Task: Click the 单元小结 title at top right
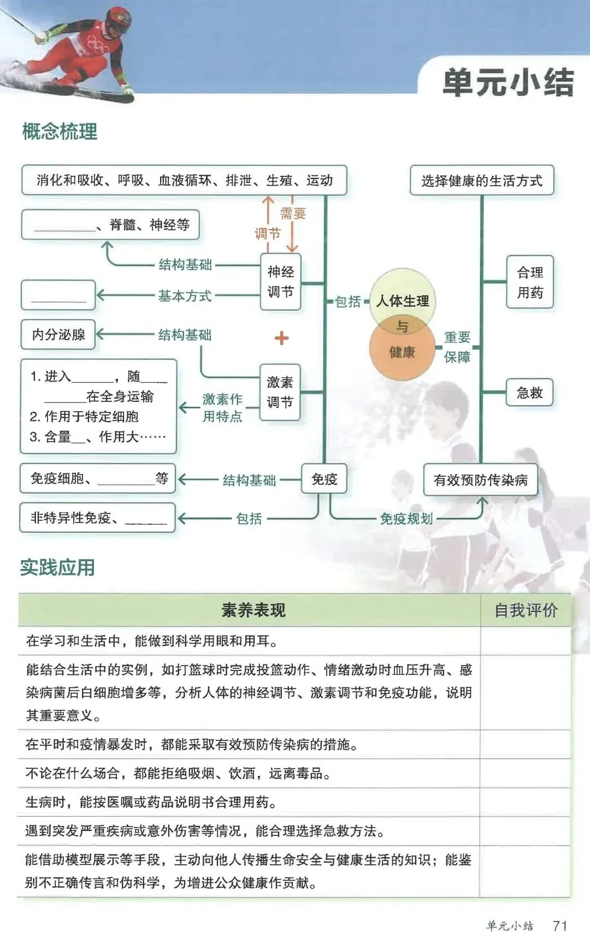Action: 508,83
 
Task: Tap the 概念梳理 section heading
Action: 60,132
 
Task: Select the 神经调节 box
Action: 280,282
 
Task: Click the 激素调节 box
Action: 280,392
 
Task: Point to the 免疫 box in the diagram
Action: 324,479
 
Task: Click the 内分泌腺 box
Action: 58,334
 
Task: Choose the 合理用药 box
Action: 530,282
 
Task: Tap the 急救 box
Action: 529,393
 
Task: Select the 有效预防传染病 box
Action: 480,480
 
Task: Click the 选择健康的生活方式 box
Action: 481,181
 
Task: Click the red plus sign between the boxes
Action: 281,338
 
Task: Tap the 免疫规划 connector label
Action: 406,519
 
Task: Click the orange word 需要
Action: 293,213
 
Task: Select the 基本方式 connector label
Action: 185,296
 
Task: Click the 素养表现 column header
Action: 253,610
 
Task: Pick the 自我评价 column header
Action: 526,610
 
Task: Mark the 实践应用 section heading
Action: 57,568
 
